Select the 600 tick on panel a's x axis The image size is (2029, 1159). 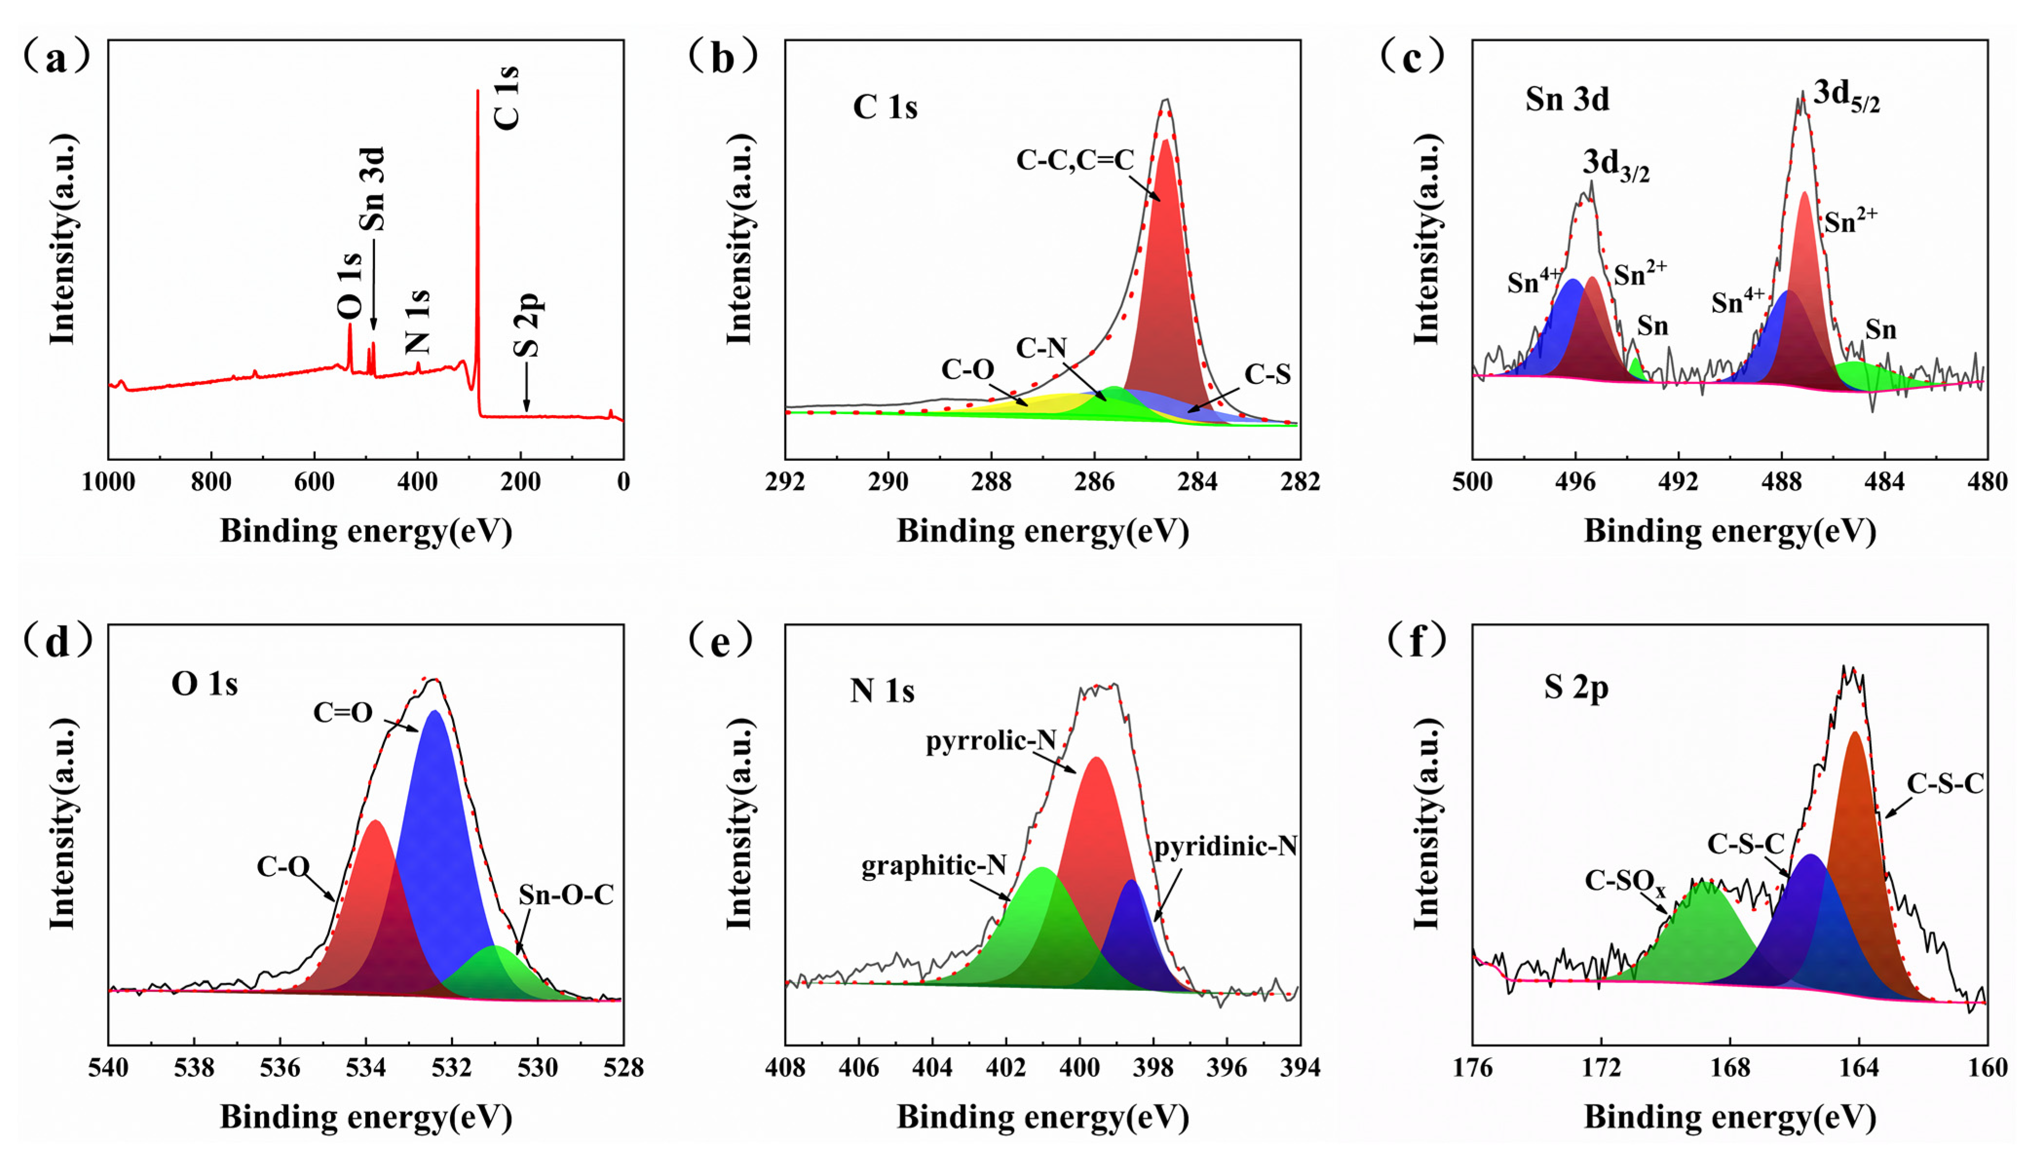[314, 482]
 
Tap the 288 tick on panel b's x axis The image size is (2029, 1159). [991, 482]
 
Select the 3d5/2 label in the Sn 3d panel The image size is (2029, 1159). [1846, 97]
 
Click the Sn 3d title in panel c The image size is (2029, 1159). [1567, 99]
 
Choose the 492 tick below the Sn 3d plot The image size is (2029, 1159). [1678, 482]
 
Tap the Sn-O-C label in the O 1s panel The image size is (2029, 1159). [566, 895]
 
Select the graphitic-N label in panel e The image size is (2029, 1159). [933, 865]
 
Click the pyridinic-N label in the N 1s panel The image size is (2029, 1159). [1225, 846]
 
